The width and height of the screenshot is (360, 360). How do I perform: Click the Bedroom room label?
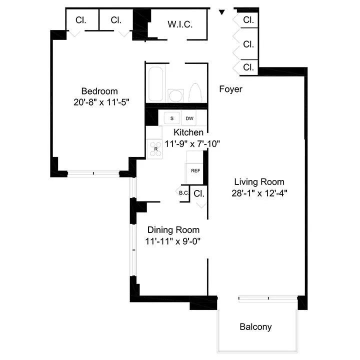pos(99,91)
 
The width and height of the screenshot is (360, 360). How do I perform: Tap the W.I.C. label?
pos(180,24)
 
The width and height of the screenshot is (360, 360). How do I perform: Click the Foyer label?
pos(230,89)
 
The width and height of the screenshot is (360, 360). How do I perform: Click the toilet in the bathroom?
pos(195,92)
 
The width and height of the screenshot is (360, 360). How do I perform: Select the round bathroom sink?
pos(175,94)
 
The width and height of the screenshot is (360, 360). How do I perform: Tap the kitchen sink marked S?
pos(172,118)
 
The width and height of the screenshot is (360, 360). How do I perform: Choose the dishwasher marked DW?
pos(189,118)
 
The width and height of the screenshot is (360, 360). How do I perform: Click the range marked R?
pos(155,148)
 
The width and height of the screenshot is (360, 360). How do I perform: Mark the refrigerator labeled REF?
pos(195,170)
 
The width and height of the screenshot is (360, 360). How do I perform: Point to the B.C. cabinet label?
pos(183,193)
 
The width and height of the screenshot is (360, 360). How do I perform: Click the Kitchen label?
pos(188,132)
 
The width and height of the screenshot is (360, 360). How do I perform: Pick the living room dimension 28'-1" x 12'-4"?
pos(259,192)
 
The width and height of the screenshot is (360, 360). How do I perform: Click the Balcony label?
pos(255,327)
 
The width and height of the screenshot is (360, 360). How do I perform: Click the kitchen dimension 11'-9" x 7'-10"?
pos(192,143)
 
